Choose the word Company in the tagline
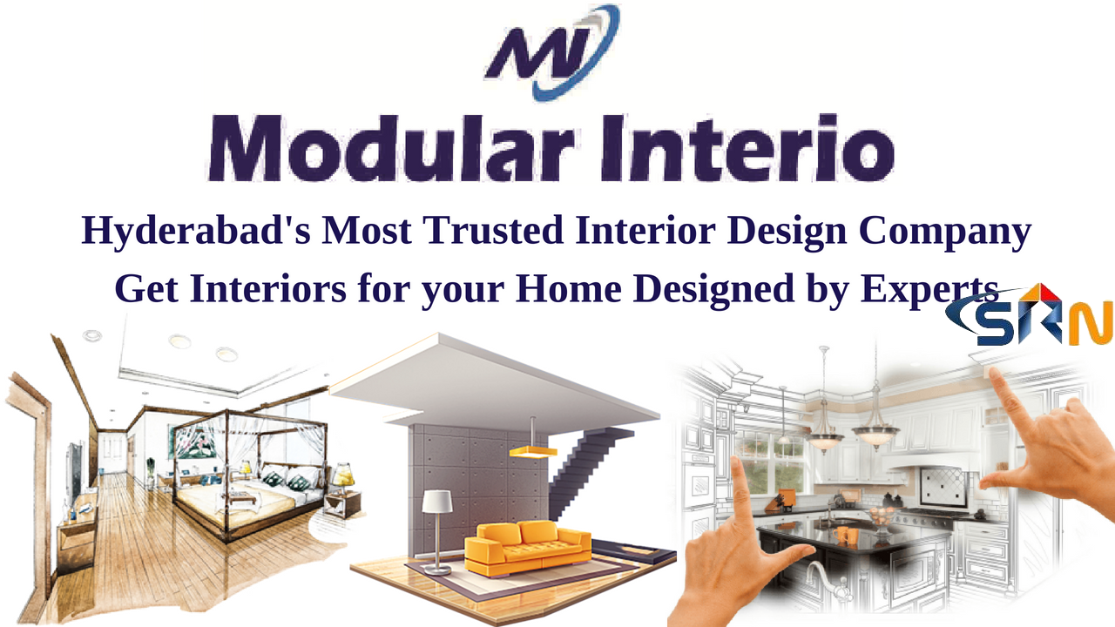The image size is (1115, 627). tap(945, 232)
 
